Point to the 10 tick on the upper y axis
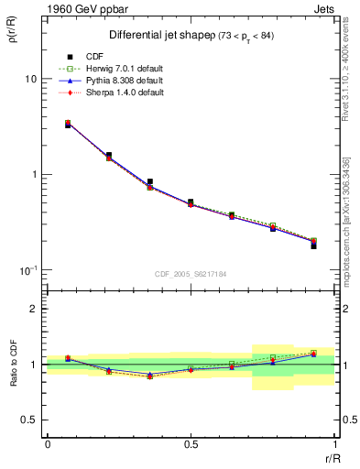[x=30, y=79]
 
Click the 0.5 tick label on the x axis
[x=191, y=444]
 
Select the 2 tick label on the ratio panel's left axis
[x=33, y=310]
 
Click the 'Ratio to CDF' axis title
[x=14, y=365]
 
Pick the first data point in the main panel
[x=68, y=124]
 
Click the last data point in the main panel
[x=313, y=245]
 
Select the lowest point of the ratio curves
[x=149, y=376]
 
